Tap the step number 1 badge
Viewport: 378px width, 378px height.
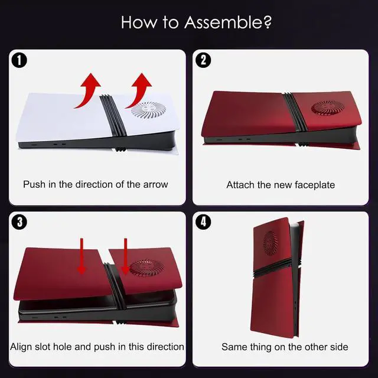click(x=19, y=60)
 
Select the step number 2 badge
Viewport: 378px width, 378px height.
click(x=203, y=60)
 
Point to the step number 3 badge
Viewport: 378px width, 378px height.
click(x=19, y=222)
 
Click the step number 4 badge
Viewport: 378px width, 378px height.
click(x=203, y=222)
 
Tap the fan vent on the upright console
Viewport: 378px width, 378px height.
click(x=271, y=243)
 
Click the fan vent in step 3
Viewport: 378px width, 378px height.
click(x=147, y=268)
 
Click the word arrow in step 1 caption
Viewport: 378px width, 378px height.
click(x=155, y=185)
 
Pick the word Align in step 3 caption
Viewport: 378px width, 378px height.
click(x=21, y=347)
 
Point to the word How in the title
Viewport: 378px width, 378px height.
click(x=139, y=22)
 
